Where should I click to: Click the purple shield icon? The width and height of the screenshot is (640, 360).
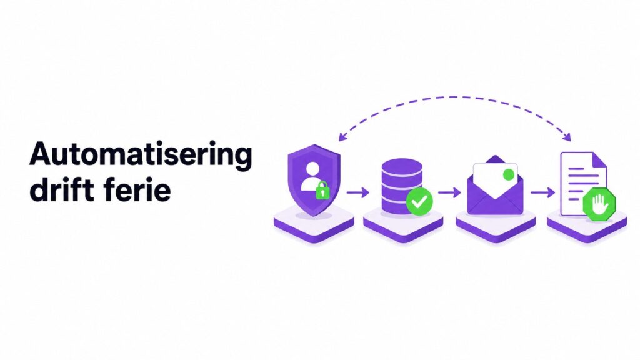point(314,180)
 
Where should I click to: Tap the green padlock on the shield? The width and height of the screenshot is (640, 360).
point(322,190)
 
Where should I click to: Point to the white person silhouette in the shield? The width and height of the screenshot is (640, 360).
point(312,176)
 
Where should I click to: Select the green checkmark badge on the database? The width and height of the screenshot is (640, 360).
point(419,201)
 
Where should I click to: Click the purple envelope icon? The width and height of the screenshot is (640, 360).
point(495,186)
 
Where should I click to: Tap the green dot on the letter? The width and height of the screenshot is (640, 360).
point(509,175)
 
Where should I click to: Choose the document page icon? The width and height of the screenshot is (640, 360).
point(583,184)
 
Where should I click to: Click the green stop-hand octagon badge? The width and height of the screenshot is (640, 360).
point(599,204)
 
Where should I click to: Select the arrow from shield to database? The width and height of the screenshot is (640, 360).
point(358,192)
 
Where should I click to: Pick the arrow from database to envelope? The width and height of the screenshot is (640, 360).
point(449,192)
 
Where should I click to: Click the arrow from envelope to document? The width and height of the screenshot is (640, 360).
point(542,192)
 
